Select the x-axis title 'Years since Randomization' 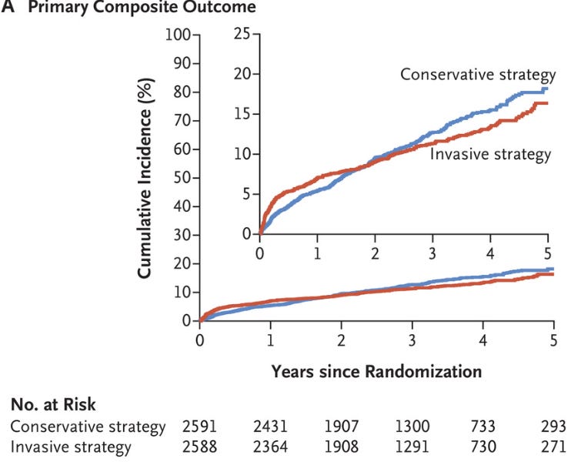pyautogui.click(x=376, y=371)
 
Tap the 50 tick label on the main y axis pyautogui.click(x=182, y=178)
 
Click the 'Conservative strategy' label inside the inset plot pyautogui.click(x=477, y=75)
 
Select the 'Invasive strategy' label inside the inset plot pyautogui.click(x=490, y=155)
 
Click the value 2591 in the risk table pyautogui.click(x=201, y=426)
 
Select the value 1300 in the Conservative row pyautogui.click(x=412, y=426)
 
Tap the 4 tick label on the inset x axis pyautogui.click(x=491, y=253)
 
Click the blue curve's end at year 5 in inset pyautogui.click(x=547, y=89)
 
